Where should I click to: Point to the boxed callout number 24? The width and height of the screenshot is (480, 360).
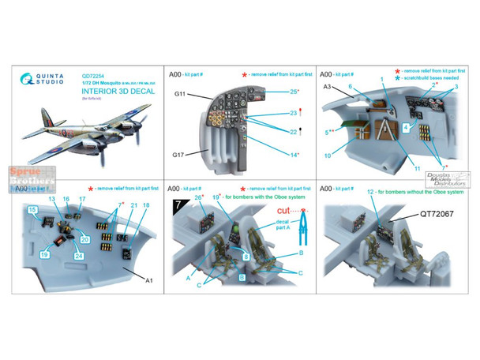(80, 255)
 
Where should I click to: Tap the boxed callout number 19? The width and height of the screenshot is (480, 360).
(45, 255)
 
